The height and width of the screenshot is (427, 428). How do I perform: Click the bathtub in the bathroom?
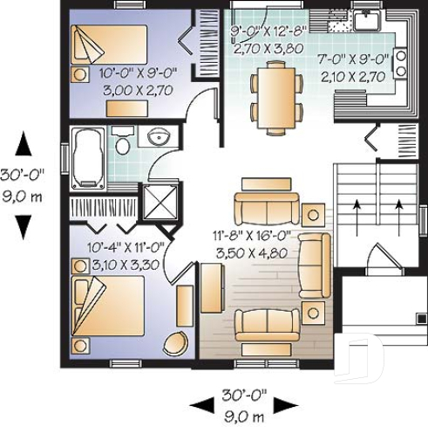(87, 157)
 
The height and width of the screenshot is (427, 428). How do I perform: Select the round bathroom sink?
(158, 139)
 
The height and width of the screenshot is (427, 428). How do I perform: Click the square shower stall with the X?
(159, 201)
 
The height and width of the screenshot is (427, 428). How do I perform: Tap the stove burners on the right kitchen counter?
(401, 61)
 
